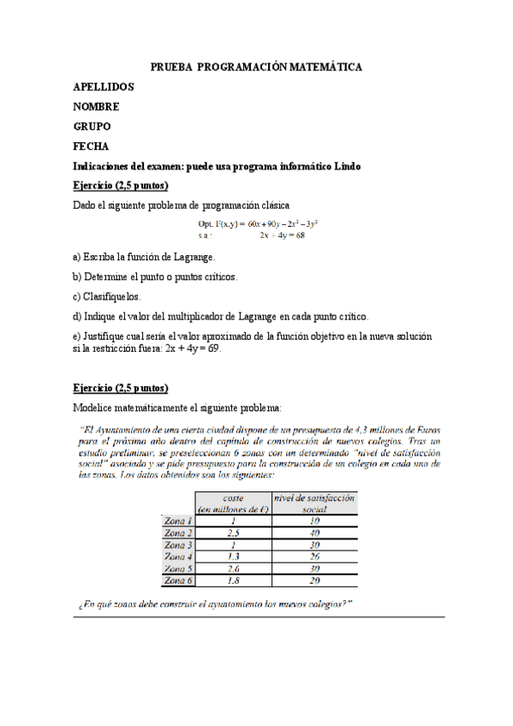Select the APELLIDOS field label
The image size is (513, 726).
104,86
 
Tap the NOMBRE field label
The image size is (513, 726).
96,106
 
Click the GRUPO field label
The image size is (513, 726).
92,126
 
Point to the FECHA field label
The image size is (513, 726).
92,146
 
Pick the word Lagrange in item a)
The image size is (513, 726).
193,257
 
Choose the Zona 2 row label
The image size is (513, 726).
178,532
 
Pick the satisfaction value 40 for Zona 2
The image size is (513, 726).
314,532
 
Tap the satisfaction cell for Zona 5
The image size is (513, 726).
314,568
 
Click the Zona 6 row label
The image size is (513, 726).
178,580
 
